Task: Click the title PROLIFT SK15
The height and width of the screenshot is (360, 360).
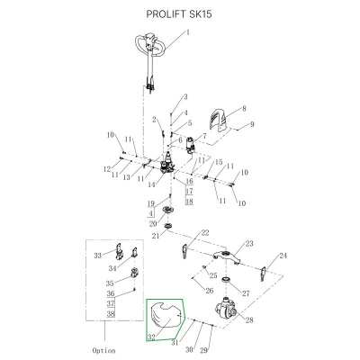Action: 179,14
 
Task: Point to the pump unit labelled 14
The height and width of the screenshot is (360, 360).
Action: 167,165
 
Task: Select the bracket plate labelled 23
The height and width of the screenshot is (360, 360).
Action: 227,256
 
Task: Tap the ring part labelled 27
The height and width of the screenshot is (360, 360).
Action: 226,280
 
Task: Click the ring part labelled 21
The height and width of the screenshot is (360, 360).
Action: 169,226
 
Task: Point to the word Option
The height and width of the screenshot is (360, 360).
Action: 103,350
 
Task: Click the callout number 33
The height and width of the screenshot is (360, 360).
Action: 98,256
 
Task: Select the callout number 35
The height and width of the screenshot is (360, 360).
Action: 110,283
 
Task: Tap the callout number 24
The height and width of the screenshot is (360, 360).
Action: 283,256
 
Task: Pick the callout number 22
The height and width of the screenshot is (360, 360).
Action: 205,233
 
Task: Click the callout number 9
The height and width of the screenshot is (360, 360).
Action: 252,124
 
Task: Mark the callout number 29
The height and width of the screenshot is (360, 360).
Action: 203,350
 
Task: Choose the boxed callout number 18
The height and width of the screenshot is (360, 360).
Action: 189,201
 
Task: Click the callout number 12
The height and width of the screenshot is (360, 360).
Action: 107,169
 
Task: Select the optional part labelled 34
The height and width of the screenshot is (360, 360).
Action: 134,253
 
